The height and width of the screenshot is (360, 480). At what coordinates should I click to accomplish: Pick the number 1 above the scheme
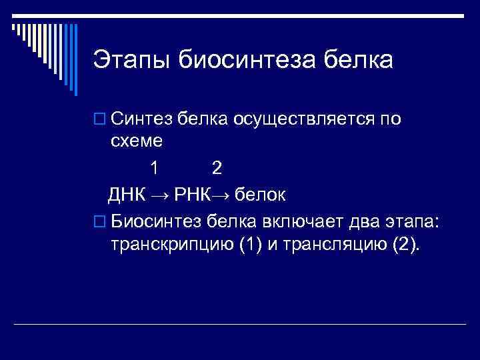click(x=155, y=167)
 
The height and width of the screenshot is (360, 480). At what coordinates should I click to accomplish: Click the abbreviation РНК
click(x=192, y=195)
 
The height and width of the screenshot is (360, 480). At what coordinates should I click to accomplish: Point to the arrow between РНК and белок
click(x=223, y=195)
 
